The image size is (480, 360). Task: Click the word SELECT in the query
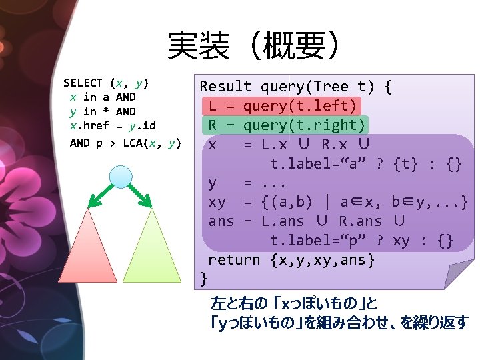[x=83, y=83]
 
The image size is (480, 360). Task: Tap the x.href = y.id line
[x=113, y=125]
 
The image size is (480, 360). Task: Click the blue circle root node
[x=121, y=177]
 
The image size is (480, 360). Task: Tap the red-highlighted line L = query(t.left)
[x=283, y=106]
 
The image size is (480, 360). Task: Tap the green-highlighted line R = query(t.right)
[x=287, y=125]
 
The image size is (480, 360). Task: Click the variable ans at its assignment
[x=221, y=221]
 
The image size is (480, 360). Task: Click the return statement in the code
[x=291, y=260]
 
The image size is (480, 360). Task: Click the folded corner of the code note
[x=459, y=273]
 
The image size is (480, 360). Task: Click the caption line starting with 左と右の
[x=294, y=304]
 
